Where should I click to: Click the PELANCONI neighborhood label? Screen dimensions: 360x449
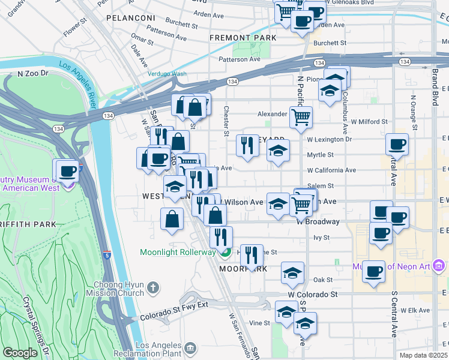[131, 18]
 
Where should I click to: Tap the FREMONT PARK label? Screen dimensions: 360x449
[243, 38]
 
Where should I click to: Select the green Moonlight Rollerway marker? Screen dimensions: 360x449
[224, 253]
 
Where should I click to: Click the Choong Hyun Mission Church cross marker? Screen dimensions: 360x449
[154, 289]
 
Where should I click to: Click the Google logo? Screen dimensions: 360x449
[20, 353]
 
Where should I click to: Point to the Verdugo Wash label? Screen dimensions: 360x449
[167, 74]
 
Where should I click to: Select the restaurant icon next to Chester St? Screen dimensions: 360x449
[247, 145]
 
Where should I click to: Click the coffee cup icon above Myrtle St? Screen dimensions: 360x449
[397, 144]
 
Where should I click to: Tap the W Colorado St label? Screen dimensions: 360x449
[313, 295]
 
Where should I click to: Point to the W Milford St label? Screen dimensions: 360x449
[370, 122]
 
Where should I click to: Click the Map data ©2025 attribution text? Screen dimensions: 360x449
[423, 355]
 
